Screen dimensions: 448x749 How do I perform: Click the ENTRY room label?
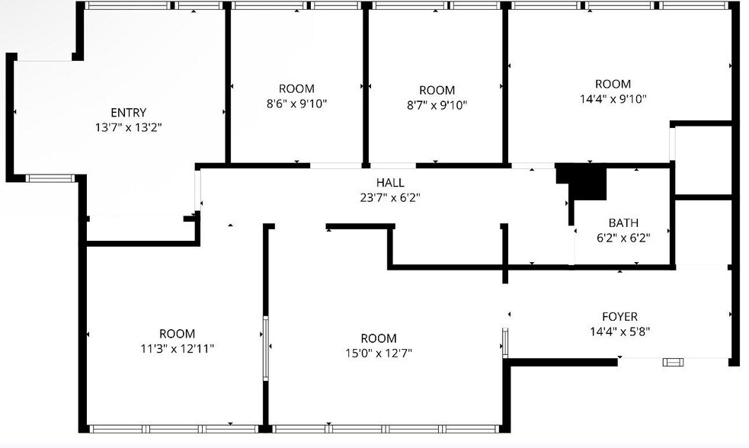coord(128,113)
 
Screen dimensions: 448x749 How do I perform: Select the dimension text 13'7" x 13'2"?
coord(128,127)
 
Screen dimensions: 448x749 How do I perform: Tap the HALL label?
coord(390,183)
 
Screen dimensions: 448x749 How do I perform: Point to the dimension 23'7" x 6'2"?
coord(390,197)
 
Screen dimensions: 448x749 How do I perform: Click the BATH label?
coord(623,223)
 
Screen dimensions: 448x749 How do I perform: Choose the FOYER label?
coord(619,317)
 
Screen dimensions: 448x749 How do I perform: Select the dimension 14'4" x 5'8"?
coord(619,331)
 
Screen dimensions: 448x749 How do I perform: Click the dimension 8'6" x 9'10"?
coord(296,104)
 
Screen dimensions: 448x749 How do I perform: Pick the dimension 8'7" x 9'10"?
coord(437,105)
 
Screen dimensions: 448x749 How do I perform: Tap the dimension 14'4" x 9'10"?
coord(613,98)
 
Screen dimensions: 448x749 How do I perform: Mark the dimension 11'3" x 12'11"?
coord(177,348)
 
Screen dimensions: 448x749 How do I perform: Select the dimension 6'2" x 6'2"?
coord(623,237)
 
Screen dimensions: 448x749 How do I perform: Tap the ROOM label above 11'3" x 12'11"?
coord(177,334)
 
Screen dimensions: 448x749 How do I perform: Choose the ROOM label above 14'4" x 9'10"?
coord(613,84)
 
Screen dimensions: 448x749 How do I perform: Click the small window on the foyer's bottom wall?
coord(673,362)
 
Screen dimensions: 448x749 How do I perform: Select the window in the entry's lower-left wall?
coord(50,179)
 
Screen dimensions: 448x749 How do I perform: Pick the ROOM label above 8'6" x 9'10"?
coord(296,89)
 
